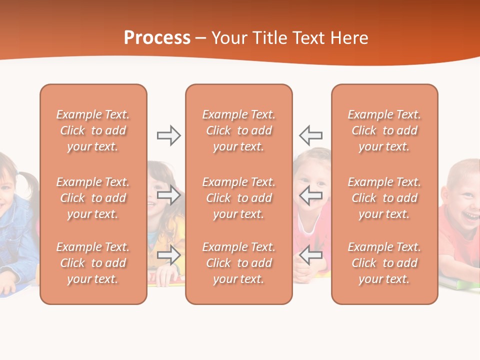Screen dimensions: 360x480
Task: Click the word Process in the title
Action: point(157,38)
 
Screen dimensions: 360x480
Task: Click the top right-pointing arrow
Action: point(168,135)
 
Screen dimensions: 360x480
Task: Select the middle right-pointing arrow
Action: point(168,195)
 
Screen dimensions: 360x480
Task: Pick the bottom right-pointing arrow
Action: point(168,255)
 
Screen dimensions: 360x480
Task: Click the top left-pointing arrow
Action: point(310,135)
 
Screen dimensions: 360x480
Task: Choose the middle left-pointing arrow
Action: point(310,195)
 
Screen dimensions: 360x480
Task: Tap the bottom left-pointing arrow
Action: point(310,255)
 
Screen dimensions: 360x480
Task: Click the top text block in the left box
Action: point(93,130)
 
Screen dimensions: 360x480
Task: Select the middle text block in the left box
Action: point(93,198)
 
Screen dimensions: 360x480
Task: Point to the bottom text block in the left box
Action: point(93,263)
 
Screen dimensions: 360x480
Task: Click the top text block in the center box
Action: point(238,130)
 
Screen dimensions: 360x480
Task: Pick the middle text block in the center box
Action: point(238,198)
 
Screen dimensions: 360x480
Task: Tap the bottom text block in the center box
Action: point(238,263)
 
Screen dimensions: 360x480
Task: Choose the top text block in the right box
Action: point(384,130)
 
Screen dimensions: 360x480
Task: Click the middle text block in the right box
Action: point(384,198)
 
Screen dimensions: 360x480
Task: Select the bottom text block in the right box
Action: point(384,263)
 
